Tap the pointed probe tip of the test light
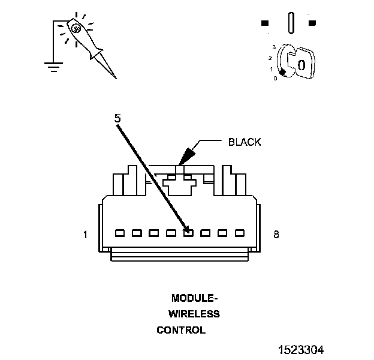click(114, 77)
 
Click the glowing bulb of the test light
click(76, 28)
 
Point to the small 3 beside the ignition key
click(273, 46)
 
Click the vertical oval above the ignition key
click(291, 23)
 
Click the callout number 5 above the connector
click(117, 119)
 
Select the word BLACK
click(245, 142)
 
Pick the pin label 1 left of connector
click(85, 235)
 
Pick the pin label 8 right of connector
click(276, 235)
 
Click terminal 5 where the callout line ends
click(188, 232)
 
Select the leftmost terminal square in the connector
click(119, 232)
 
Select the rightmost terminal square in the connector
click(240, 232)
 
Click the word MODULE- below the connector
click(195, 298)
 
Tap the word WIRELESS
click(194, 314)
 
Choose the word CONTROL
click(181, 330)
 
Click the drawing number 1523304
click(301, 349)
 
